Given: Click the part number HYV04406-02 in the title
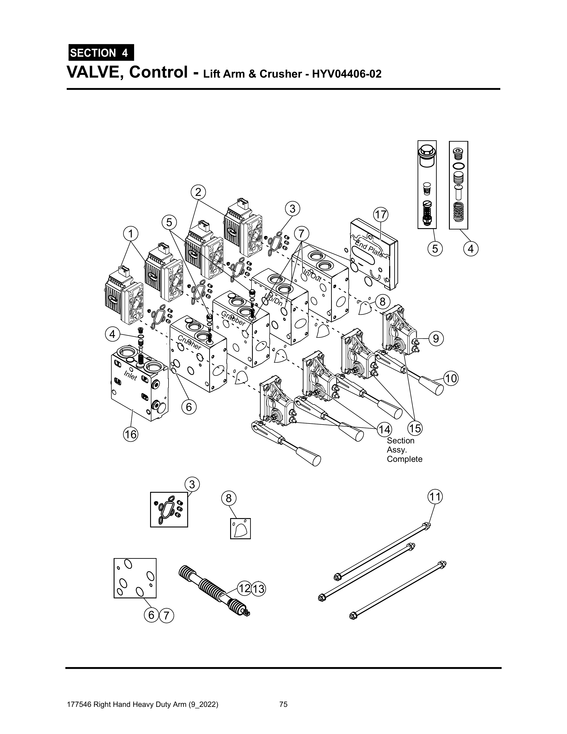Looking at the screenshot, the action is tap(347, 74).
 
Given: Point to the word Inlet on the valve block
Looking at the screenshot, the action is tap(130, 375).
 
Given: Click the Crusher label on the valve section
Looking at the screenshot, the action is tap(189, 342).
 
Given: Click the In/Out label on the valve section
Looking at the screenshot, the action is tap(312, 274).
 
